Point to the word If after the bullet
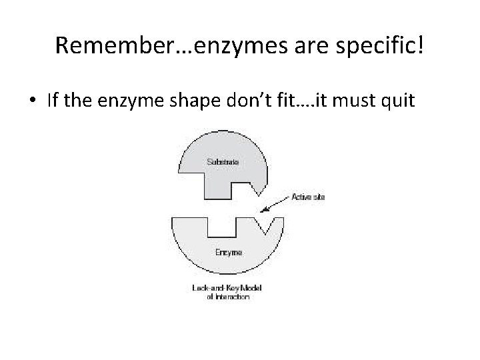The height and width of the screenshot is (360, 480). (54, 101)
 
